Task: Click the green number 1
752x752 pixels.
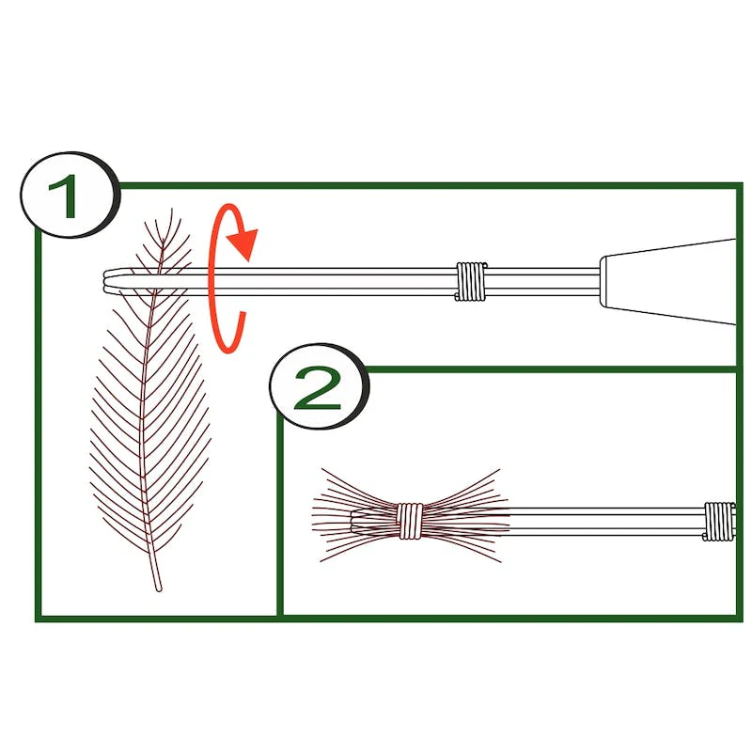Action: point(64,196)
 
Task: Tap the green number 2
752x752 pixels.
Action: point(317,388)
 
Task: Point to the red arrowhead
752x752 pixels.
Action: point(243,243)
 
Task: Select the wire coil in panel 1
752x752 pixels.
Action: point(471,281)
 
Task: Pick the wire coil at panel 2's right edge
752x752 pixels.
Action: point(719,522)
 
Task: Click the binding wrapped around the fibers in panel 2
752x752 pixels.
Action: point(410,521)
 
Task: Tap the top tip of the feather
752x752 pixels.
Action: point(171,210)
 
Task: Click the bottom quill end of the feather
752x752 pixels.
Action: point(159,588)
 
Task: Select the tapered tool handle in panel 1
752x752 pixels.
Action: point(669,281)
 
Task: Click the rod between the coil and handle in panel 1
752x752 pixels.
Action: point(542,281)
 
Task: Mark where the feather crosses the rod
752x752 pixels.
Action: point(157,280)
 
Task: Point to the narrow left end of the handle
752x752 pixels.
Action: point(603,281)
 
